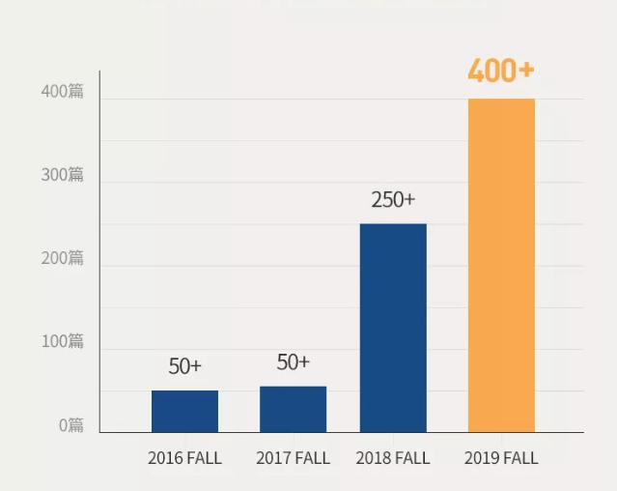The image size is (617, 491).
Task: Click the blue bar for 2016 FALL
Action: point(184,411)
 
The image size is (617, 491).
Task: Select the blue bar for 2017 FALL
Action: point(293,409)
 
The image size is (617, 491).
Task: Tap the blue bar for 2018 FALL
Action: point(393,328)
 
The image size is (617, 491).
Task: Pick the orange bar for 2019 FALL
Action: point(501,265)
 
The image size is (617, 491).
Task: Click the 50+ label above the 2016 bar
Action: point(185,366)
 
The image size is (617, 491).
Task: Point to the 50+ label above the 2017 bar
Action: point(294,362)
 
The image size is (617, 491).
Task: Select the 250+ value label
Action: point(393,200)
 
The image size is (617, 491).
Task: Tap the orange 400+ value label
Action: point(501,71)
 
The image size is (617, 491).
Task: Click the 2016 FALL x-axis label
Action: point(184,458)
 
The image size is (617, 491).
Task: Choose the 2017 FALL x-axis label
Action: point(293,458)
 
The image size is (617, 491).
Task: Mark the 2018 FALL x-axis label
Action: point(393,458)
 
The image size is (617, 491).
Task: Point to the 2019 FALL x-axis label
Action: point(501,458)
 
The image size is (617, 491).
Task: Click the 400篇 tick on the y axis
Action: point(63,92)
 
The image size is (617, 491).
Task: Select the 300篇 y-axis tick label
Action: point(63,175)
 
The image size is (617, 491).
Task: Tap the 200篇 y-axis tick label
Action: point(63,258)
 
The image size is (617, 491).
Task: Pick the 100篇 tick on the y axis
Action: point(63,341)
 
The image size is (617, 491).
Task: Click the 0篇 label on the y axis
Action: point(71,424)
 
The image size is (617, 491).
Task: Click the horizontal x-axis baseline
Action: point(338,432)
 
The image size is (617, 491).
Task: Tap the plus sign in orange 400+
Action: point(525,71)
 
